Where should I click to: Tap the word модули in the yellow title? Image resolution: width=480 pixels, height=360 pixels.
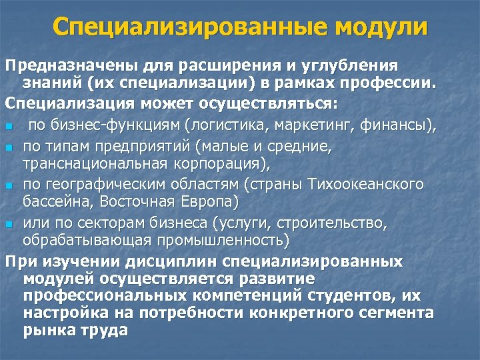coord(381,27)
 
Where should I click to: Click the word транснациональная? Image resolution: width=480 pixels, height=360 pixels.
coord(88,162)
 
